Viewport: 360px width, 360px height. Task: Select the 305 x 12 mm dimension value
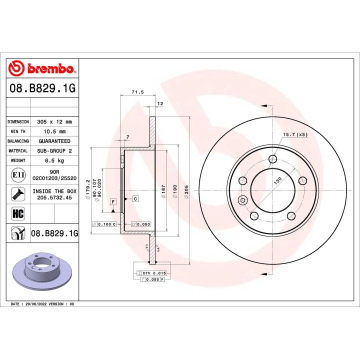click(54, 121)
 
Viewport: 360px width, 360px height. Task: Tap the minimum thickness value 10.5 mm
click(54, 131)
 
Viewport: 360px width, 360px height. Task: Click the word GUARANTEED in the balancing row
click(54, 141)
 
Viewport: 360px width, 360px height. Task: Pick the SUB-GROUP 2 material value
click(54, 150)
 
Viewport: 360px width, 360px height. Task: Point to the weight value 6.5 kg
click(54, 160)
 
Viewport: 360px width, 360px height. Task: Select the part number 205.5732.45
click(54, 197)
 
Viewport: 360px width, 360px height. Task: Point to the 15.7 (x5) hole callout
click(294, 134)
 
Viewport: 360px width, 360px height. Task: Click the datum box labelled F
click(113, 201)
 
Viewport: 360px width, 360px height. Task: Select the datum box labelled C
click(135, 198)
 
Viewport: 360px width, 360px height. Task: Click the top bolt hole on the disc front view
click(272, 159)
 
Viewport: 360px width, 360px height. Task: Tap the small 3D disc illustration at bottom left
click(41, 273)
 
